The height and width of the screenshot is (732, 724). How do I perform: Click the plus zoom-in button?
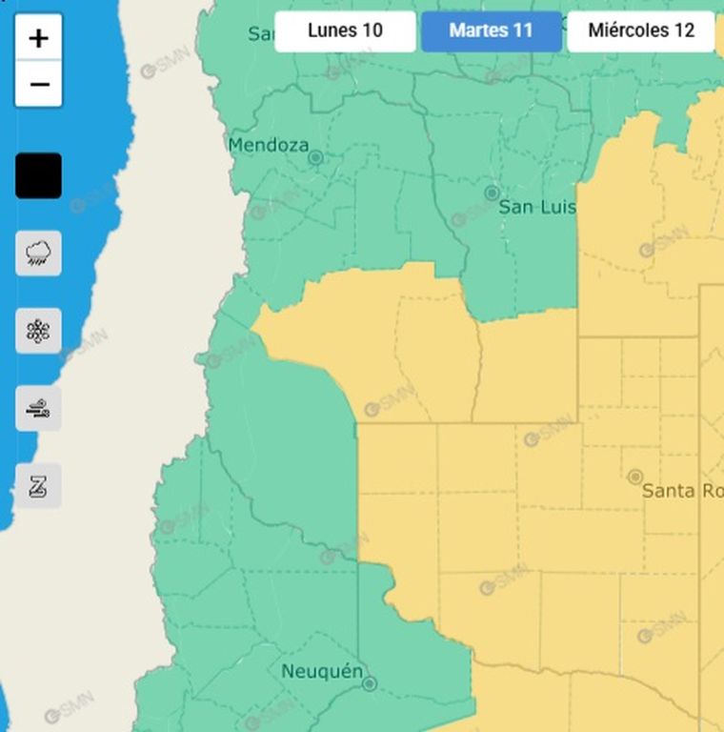click(38, 38)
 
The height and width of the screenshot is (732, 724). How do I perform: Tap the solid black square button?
click(38, 176)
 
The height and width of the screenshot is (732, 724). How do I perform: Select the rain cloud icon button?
click(38, 254)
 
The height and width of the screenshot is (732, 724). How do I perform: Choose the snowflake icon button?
click(38, 331)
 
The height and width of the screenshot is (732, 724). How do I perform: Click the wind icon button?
click(38, 409)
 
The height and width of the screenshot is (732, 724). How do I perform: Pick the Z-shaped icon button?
click(38, 486)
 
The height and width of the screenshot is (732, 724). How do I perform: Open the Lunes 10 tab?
click(345, 30)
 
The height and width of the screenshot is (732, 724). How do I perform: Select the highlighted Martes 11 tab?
click(491, 30)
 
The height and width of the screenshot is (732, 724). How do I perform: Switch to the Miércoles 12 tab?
click(641, 30)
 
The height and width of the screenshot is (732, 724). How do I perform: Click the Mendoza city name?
click(268, 146)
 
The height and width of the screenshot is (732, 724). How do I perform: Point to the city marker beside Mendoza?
click(315, 157)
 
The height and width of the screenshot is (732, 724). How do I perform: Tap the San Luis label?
click(537, 207)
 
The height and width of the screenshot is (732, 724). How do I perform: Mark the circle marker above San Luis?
click(492, 193)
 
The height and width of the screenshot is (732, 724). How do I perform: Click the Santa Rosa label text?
click(682, 491)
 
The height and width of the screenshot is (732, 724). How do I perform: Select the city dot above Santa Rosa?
click(635, 476)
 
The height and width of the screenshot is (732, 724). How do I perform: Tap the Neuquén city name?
click(321, 672)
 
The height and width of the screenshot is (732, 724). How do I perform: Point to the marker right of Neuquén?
click(370, 683)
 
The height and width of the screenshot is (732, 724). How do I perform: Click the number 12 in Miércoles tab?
click(683, 30)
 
